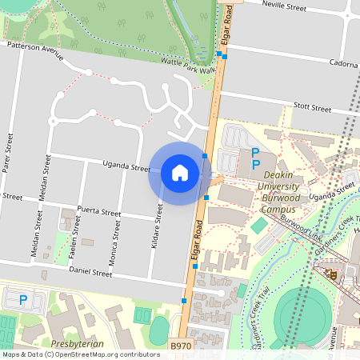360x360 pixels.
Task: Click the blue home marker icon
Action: [180, 172]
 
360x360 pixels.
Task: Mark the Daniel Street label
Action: [90, 272]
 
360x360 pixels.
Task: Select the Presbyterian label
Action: [77, 343]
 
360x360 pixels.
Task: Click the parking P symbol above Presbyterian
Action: [23, 301]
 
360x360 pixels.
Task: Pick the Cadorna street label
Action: [342, 63]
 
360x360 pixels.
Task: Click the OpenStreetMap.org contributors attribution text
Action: [106, 354]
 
